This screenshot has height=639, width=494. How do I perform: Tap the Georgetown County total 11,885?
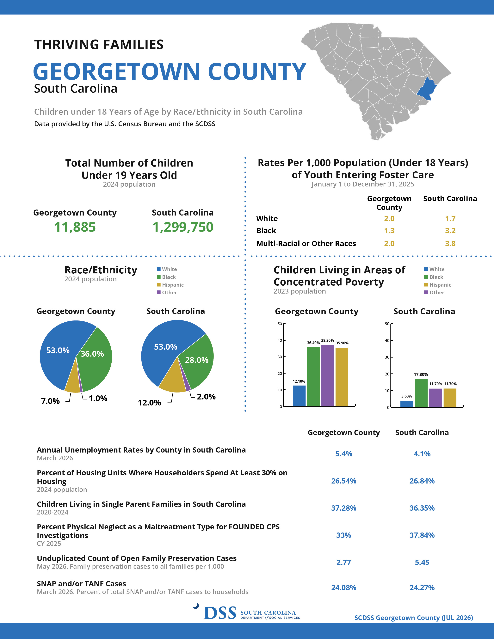tap(75, 227)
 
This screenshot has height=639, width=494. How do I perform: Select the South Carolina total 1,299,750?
tap(183, 227)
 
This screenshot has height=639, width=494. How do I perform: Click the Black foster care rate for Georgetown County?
tap(389, 231)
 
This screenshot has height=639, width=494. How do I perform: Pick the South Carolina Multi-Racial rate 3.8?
tap(450, 243)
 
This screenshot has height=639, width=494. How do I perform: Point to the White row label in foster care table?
tap(267, 219)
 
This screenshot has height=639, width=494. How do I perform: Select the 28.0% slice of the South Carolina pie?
tap(198, 361)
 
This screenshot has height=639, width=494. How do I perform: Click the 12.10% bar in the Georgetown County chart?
tap(299, 396)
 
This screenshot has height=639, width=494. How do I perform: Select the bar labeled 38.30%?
tap(327, 376)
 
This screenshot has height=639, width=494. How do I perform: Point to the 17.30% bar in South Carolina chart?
tap(421, 393)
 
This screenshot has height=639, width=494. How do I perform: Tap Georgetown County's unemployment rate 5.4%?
tap(344, 454)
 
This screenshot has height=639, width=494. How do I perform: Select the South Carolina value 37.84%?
tap(422, 535)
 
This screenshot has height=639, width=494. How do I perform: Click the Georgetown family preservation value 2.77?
tap(344, 562)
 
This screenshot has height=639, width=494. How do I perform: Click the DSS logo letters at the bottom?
tap(220, 613)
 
